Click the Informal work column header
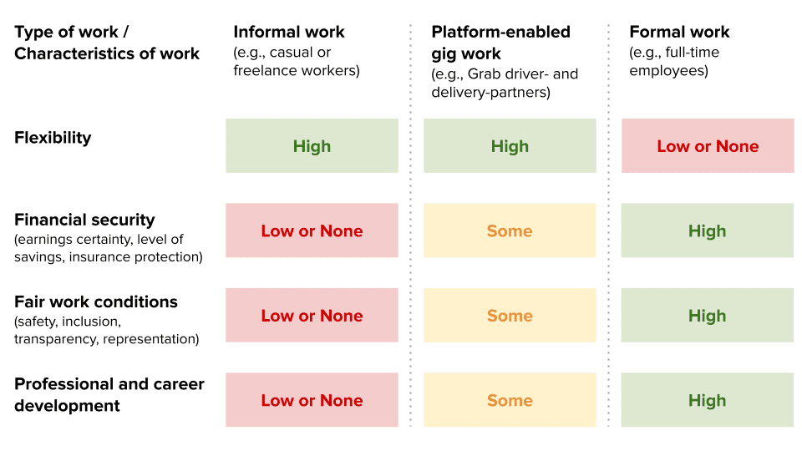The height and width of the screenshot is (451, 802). tap(289, 33)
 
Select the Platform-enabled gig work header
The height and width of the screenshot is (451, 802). tap(500, 43)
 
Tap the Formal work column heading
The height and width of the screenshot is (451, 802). tap(679, 33)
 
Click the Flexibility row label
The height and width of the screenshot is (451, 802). tap(53, 138)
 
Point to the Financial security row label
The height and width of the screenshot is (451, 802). tap(84, 220)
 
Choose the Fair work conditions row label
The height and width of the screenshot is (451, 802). tap(95, 302)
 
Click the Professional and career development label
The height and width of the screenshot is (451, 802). tap(109, 395)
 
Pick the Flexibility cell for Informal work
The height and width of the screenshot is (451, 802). tap(312, 145)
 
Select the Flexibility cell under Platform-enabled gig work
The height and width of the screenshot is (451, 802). tap(510, 145)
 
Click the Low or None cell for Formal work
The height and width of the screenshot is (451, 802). tap(708, 145)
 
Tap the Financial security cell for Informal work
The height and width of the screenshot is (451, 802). tap(312, 231)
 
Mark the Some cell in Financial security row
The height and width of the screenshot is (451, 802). tap(510, 231)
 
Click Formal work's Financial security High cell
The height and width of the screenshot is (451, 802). tap(708, 231)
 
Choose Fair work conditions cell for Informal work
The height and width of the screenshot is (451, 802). tap(312, 316)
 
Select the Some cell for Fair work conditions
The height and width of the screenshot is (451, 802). tap(510, 316)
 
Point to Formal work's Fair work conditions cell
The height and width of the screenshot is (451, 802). tap(708, 316)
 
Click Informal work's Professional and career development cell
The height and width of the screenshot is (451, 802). tap(312, 400)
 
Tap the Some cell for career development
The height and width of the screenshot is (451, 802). tap(510, 400)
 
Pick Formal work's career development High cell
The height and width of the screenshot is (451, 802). tap(708, 400)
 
